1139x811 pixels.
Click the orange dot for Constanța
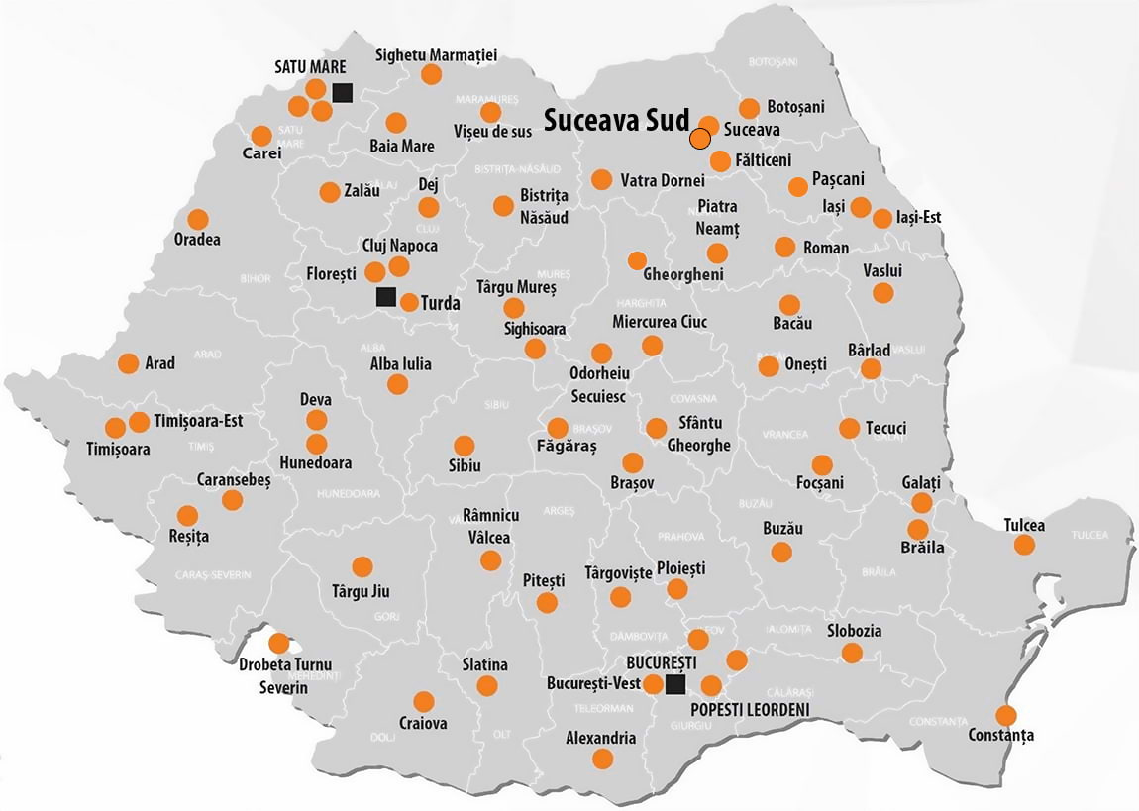[x=1006, y=715]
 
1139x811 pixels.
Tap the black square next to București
[x=675, y=684]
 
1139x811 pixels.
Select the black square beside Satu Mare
[x=343, y=93]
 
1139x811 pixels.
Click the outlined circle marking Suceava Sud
[x=700, y=139]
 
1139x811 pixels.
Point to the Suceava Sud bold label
[x=616, y=121]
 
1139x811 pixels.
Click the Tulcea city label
[x=1024, y=525]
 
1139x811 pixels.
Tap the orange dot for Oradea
[x=198, y=219]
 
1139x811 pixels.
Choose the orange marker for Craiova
[x=424, y=701]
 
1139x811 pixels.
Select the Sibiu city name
[x=464, y=465]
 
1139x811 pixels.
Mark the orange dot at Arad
[x=128, y=363]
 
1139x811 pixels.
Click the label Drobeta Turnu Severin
[x=284, y=675]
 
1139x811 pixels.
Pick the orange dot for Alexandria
[x=602, y=759]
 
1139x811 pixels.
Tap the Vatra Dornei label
[x=663, y=181]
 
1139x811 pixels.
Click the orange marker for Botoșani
[x=749, y=108]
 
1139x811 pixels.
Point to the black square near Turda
[x=386, y=296]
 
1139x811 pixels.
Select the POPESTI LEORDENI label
[x=750, y=710]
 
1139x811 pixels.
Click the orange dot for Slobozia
[x=852, y=653]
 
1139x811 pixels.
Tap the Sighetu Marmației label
[x=436, y=54]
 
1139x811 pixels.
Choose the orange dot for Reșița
[x=187, y=515]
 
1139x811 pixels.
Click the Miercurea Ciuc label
[x=660, y=322]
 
